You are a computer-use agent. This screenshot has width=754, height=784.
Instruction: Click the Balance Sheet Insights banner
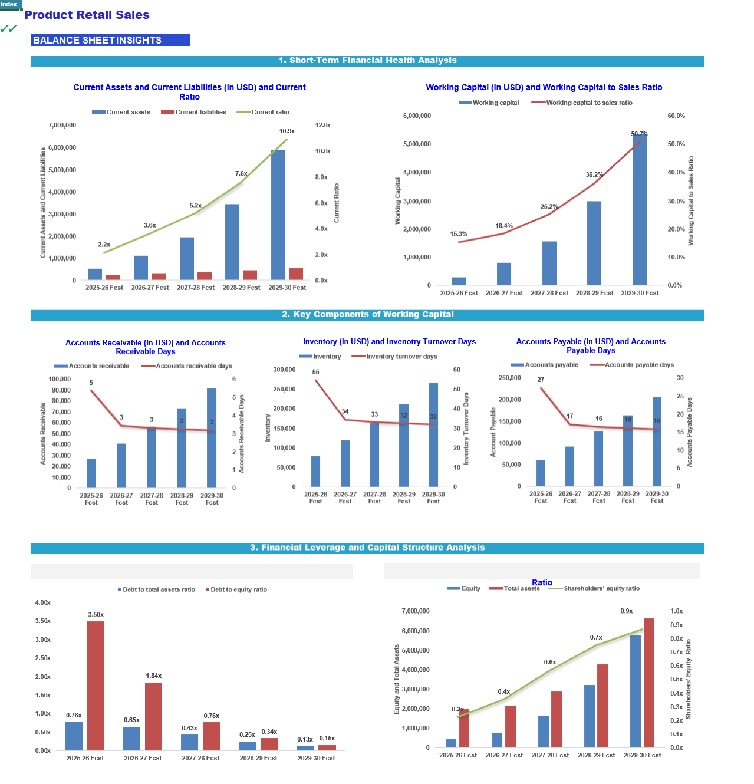click(x=110, y=40)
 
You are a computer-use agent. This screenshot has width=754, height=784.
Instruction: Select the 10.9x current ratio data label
click(x=287, y=131)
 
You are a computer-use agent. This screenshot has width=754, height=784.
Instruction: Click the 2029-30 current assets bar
click(x=278, y=215)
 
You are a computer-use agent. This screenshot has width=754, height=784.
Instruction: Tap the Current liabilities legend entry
click(x=193, y=112)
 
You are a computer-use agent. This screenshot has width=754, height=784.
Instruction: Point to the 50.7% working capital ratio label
click(x=639, y=134)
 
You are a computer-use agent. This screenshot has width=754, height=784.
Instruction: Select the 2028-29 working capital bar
click(x=594, y=243)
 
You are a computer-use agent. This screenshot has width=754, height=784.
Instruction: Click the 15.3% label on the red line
click(x=459, y=233)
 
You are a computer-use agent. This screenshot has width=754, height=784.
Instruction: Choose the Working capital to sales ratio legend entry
click(x=581, y=103)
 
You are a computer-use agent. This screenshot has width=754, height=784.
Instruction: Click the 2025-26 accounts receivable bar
click(x=91, y=473)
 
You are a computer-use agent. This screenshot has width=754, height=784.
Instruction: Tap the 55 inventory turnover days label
click(x=315, y=372)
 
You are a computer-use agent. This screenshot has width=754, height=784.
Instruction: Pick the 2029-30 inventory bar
click(x=433, y=434)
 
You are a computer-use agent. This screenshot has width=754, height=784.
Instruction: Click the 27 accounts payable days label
click(x=541, y=380)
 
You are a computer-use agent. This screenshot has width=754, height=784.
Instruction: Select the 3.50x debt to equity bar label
click(x=96, y=614)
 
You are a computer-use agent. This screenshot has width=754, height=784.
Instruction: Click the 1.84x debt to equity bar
click(x=153, y=716)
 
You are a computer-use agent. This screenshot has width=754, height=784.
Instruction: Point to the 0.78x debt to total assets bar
click(x=74, y=736)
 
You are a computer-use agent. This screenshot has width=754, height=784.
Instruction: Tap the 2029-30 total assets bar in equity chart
click(x=648, y=683)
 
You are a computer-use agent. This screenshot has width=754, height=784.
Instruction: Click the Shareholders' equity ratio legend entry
click(x=594, y=588)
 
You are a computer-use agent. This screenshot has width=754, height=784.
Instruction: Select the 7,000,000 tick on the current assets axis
click(x=62, y=126)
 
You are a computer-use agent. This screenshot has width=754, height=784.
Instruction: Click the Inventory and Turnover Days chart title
click(x=389, y=342)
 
